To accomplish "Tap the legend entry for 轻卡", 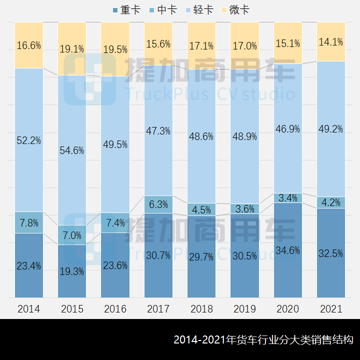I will click(x=199, y=10).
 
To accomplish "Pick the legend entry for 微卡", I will click(x=235, y=10).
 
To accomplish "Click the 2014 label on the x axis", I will click(x=28, y=309).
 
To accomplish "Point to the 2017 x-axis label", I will click(x=158, y=309).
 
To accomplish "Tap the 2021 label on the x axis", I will click(x=331, y=309).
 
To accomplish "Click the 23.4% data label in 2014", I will click(x=28, y=266).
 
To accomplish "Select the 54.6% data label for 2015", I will click(x=72, y=150).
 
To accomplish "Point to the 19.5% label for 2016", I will click(x=115, y=49).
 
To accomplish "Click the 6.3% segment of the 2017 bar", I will click(x=158, y=204).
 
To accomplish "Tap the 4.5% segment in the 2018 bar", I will click(x=201, y=209).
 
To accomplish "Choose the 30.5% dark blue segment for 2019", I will click(x=244, y=256).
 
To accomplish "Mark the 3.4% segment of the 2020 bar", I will click(x=288, y=198).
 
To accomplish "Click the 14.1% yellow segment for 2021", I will click(x=331, y=42).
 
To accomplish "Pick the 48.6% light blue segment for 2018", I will click(x=201, y=136).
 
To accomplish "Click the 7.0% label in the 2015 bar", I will click(x=72, y=235).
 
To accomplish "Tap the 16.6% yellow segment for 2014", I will click(x=28, y=45).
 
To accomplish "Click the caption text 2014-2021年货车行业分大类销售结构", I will click(x=263, y=340).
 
